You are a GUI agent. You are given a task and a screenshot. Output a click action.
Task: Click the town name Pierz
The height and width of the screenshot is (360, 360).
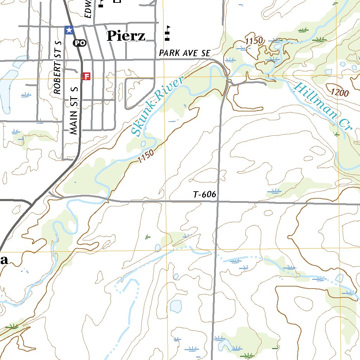[126, 36]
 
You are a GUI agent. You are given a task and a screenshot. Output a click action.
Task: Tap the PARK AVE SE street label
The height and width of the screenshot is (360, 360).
[184, 53]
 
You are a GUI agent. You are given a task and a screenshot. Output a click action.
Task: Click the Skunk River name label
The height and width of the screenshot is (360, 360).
[157, 107]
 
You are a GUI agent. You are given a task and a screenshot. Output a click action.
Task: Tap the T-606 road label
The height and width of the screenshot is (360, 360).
[204, 194]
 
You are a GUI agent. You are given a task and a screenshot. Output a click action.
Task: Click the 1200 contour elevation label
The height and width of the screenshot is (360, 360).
[340, 93]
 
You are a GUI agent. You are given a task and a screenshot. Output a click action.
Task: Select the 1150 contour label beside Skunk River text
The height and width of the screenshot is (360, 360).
[146, 156]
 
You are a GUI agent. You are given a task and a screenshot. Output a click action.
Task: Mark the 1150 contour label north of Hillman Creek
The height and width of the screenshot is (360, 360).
[254, 41]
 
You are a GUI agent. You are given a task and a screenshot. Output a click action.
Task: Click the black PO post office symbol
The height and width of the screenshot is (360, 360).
[79, 43]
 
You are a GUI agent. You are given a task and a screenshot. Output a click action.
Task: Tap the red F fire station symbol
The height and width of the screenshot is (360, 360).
[86, 76]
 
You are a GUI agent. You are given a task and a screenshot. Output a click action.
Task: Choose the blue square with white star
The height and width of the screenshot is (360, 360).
[69, 30]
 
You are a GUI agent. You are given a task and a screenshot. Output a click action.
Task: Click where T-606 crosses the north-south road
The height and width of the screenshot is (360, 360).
[218, 202]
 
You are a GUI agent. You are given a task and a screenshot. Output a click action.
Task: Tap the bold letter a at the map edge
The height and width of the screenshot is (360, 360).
[4, 260]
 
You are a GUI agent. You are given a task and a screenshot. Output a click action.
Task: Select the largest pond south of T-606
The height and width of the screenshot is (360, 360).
[175, 306]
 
